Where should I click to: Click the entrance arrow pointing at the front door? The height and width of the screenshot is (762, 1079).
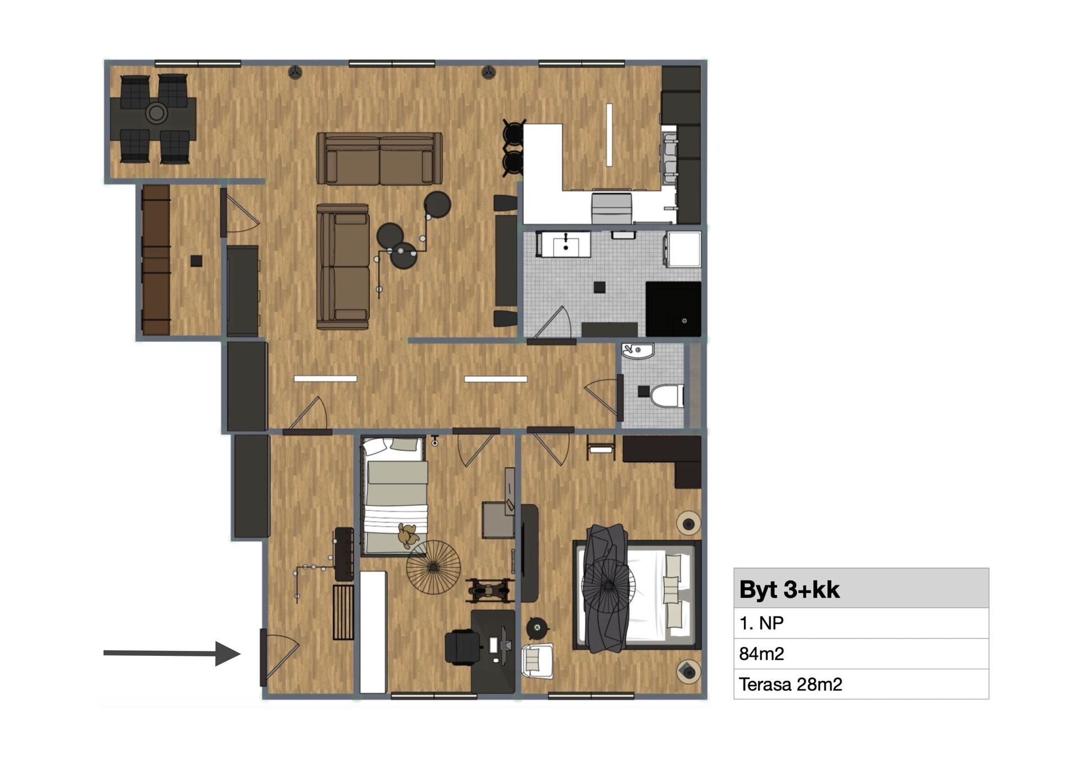tap(172, 653)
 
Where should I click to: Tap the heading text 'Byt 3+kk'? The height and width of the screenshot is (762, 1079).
tap(789, 589)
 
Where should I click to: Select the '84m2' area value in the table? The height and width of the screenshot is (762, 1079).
tap(761, 654)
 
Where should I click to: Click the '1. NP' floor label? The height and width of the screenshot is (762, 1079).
tap(761, 623)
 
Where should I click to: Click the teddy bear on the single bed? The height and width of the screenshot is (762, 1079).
tap(408, 535)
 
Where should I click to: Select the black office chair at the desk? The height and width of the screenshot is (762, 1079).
tap(463, 647)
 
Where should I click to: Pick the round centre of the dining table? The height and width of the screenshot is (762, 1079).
tap(156, 113)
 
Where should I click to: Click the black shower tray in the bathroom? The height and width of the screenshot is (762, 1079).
tap(673, 309)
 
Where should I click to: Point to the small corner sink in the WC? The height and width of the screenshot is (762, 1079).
tap(637, 351)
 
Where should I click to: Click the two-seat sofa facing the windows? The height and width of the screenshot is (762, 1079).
tap(379, 158)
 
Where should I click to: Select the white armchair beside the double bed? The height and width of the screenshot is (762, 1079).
tap(538, 661)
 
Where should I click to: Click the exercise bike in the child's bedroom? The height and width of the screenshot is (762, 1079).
tap(490, 590)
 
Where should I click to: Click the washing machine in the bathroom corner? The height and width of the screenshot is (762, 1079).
tap(683, 249)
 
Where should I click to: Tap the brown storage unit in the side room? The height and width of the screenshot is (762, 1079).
tap(156, 260)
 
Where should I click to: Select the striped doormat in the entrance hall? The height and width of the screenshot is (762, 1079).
tap(343, 612)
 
